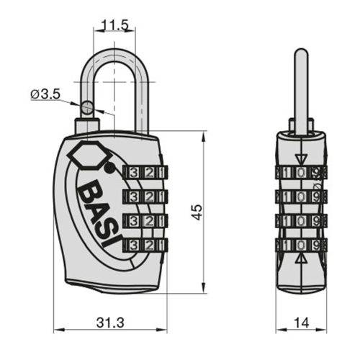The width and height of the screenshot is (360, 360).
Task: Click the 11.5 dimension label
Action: pos(115,26)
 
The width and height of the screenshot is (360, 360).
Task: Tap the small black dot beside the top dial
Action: pos(109,170)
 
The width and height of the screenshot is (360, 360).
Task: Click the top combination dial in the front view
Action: pos(145,173)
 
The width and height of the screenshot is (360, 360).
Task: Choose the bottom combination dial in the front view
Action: pos(145,245)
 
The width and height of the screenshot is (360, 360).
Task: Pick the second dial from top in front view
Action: pos(145,197)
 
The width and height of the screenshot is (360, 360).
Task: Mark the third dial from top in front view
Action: pos(145,220)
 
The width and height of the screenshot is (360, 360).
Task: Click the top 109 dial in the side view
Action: pos(301,173)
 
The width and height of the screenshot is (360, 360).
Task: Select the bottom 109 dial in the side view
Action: pos(301,245)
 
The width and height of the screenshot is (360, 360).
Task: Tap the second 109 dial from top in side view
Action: pos(301,197)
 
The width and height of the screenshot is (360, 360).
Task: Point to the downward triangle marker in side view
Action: pos(301,158)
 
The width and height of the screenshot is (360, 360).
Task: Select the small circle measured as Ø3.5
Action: pos(88,108)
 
